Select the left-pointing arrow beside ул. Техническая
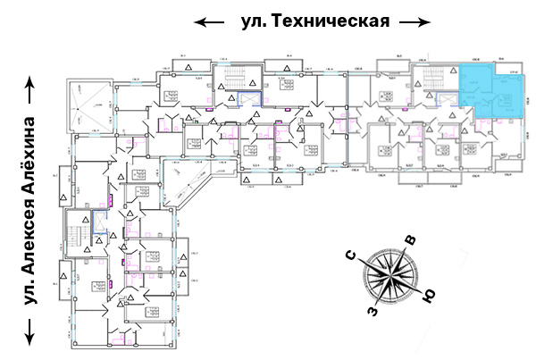tap(210, 21)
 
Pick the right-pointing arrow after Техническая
tap(414, 21)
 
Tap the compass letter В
tap(410, 240)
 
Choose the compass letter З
tap(369, 312)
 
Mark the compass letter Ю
tap(428, 296)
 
